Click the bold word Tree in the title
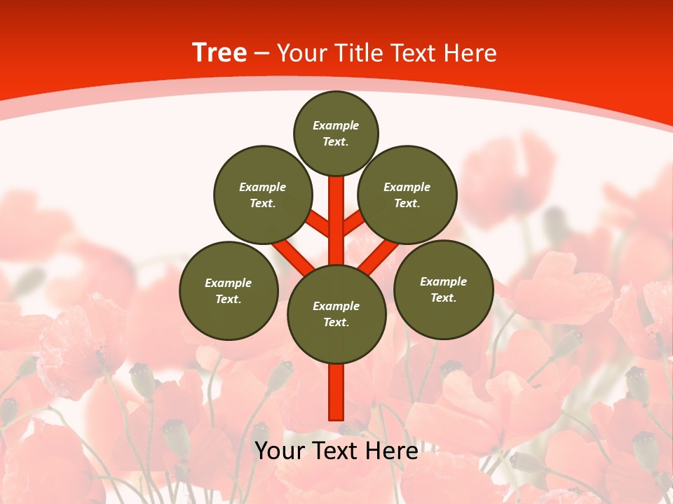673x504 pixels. click(219, 53)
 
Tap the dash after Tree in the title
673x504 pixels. click(262, 54)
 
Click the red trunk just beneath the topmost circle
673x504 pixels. click(336, 199)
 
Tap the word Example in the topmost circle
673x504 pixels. click(336, 126)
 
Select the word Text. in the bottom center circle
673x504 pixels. click(336, 323)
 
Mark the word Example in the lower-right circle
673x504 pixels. click(443, 281)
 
